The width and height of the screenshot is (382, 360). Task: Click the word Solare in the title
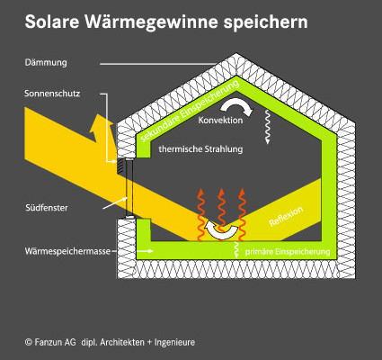(x=51, y=22)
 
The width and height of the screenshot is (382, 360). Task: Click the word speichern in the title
(x=265, y=22)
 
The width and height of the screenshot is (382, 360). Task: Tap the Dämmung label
(x=46, y=63)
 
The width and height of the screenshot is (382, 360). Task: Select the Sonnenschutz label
(x=52, y=94)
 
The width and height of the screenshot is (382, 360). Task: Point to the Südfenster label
(x=47, y=208)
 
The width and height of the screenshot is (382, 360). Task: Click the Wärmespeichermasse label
(x=67, y=251)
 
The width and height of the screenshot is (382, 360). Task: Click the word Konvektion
(x=220, y=121)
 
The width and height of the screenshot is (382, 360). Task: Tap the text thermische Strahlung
(x=200, y=148)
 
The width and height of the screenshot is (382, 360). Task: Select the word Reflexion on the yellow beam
(x=286, y=216)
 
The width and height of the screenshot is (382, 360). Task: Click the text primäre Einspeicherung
(x=288, y=252)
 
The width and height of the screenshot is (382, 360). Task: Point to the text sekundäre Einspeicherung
(x=190, y=112)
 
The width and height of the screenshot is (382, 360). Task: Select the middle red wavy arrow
(x=221, y=213)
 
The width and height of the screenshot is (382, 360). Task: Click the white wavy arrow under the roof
(x=267, y=127)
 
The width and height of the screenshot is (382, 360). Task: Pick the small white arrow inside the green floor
(x=147, y=251)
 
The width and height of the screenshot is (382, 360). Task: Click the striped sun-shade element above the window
(x=120, y=166)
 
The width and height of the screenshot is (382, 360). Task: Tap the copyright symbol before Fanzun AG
(x=29, y=342)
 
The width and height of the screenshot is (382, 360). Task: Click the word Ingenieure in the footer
(x=174, y=342)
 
